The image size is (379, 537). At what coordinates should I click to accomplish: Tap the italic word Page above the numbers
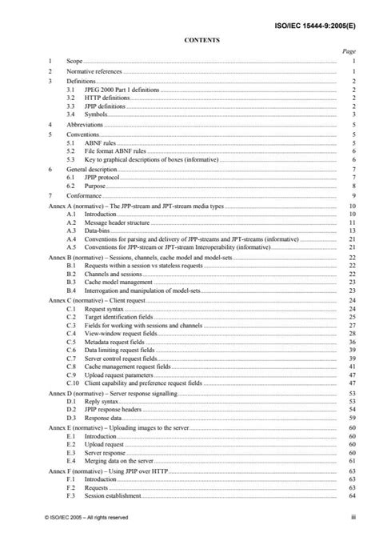pyautogui.click(x=348, y=50)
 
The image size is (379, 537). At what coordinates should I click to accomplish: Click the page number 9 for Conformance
pyautogui.click(x=353, y=195)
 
